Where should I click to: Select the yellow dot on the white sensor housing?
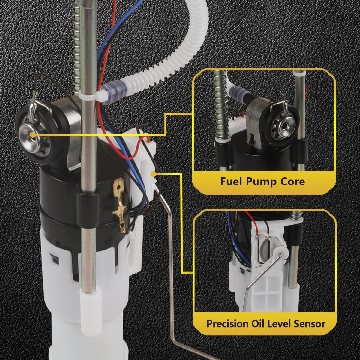tap(153, 174)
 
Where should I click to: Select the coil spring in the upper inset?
tap(220, 105)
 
